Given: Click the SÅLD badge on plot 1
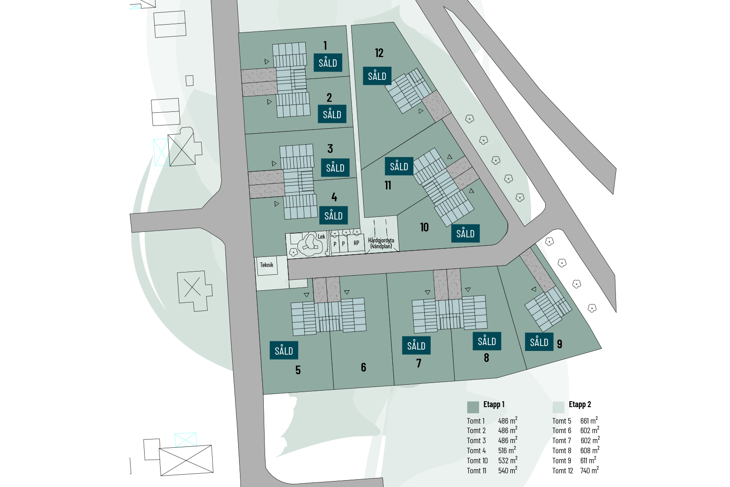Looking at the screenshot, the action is click(x=328, y=63).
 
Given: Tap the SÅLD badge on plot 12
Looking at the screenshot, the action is click(x=377, y=76).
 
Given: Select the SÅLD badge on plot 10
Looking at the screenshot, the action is click(x=465, y=233).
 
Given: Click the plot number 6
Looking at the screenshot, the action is click(x=364, y=367).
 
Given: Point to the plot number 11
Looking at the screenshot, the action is click(x=388, y=185).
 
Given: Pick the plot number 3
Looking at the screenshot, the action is click(x=330, y=149).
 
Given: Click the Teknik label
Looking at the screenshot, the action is click(x=266, y=265).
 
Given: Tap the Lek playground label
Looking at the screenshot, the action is click(x=321, y=237).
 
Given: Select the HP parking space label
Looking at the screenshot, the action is click(x=356, y=243).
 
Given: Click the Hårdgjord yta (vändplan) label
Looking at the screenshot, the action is click(x=381, y=243).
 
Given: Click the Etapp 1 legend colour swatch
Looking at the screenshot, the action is click(x=473, y=407).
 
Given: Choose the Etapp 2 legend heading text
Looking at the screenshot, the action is click(x=580, y=404).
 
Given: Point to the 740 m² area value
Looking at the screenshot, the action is click(x=589, y=471).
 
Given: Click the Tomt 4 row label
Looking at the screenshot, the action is click(x=476, y=451).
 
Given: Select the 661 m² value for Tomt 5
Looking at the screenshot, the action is click(x=589, y=420).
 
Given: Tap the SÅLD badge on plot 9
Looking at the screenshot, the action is click(x=539, y=342).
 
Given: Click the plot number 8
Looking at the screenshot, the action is click(x=486, y=358).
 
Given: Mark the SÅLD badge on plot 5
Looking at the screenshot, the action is click(x=284, y=351).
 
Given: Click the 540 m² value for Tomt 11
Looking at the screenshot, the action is click(x=508, y=471).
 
